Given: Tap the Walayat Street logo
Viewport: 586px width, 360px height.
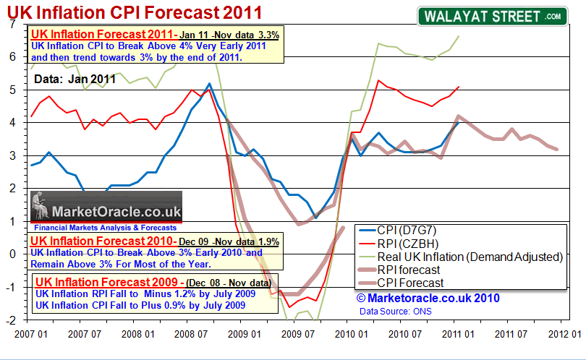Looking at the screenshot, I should (491, 16).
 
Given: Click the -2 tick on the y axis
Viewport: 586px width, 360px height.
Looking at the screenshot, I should (10, 319).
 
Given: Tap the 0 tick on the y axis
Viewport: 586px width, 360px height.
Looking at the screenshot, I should (12, 254).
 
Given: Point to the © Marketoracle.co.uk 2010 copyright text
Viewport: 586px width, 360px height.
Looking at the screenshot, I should (427, 297).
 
